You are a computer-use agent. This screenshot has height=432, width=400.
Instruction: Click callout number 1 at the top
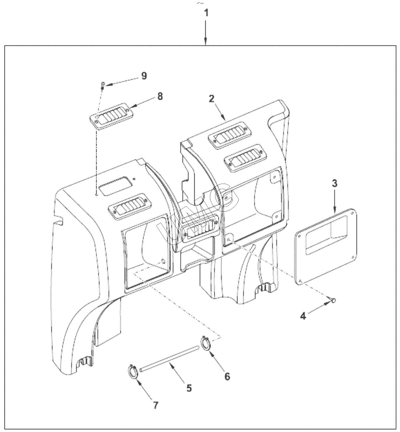point(206,13)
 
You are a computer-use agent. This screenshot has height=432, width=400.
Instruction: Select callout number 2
point(211,99)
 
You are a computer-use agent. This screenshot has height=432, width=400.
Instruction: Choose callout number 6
point(227,376)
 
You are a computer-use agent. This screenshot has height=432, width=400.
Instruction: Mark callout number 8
point(160,96)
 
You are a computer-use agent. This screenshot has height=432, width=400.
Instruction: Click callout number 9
point(144,76)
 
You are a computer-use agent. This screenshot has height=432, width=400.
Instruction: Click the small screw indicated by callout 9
point(103,85)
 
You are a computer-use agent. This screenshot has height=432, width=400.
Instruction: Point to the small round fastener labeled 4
point(333,300)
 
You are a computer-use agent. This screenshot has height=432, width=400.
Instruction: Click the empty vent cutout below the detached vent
point(115,186)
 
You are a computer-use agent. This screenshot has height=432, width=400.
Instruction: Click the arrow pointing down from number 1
point(206,33)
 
